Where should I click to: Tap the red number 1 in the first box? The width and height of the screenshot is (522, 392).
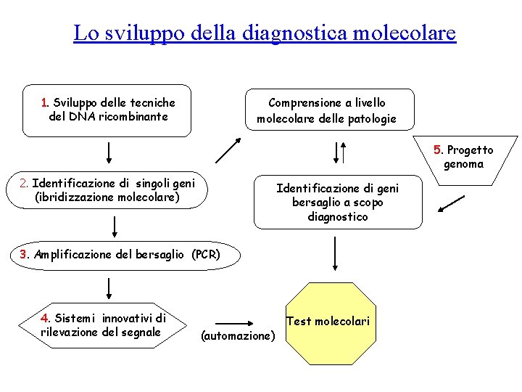pos(45,103)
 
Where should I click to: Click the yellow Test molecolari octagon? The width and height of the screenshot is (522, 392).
pos(328,322)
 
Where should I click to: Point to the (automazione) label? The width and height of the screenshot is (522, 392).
pos(238,335)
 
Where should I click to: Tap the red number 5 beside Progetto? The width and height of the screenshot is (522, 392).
pos(437,150)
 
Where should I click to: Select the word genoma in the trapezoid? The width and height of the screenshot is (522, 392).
pos(463,164)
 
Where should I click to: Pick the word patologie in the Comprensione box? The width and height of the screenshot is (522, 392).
pos(369,119)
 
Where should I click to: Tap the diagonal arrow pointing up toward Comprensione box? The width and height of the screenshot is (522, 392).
pos(228,150)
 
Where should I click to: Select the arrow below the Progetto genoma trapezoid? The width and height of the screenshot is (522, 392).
pos(452,205)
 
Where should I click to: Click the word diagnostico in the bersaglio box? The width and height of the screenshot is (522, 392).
pos(337,216)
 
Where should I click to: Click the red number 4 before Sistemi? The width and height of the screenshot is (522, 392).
pos(45,318)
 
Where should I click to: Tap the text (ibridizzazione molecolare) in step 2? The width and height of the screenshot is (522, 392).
pos(107,197)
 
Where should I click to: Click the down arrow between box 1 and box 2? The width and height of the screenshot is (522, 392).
pos(109,154)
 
